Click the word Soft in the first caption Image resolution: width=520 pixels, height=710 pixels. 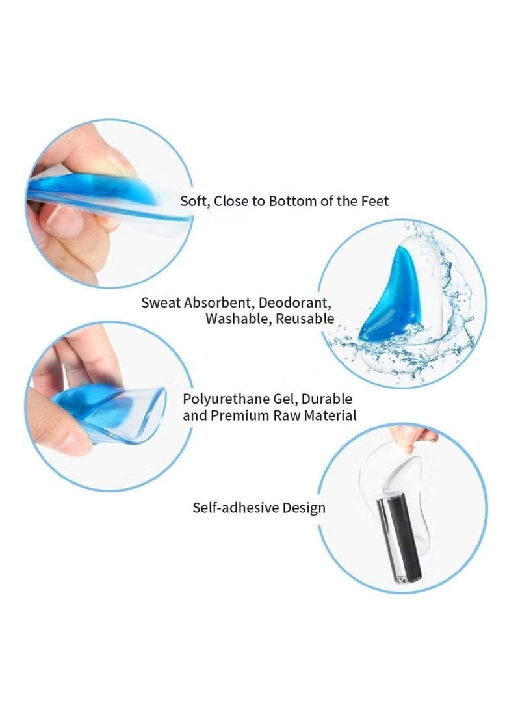point(193,201)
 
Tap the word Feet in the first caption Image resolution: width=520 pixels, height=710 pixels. point(374,201)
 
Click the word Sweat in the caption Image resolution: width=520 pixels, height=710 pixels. point(161,302)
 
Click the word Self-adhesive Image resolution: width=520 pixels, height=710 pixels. point(236,507)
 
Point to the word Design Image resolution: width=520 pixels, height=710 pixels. point(304,507)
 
